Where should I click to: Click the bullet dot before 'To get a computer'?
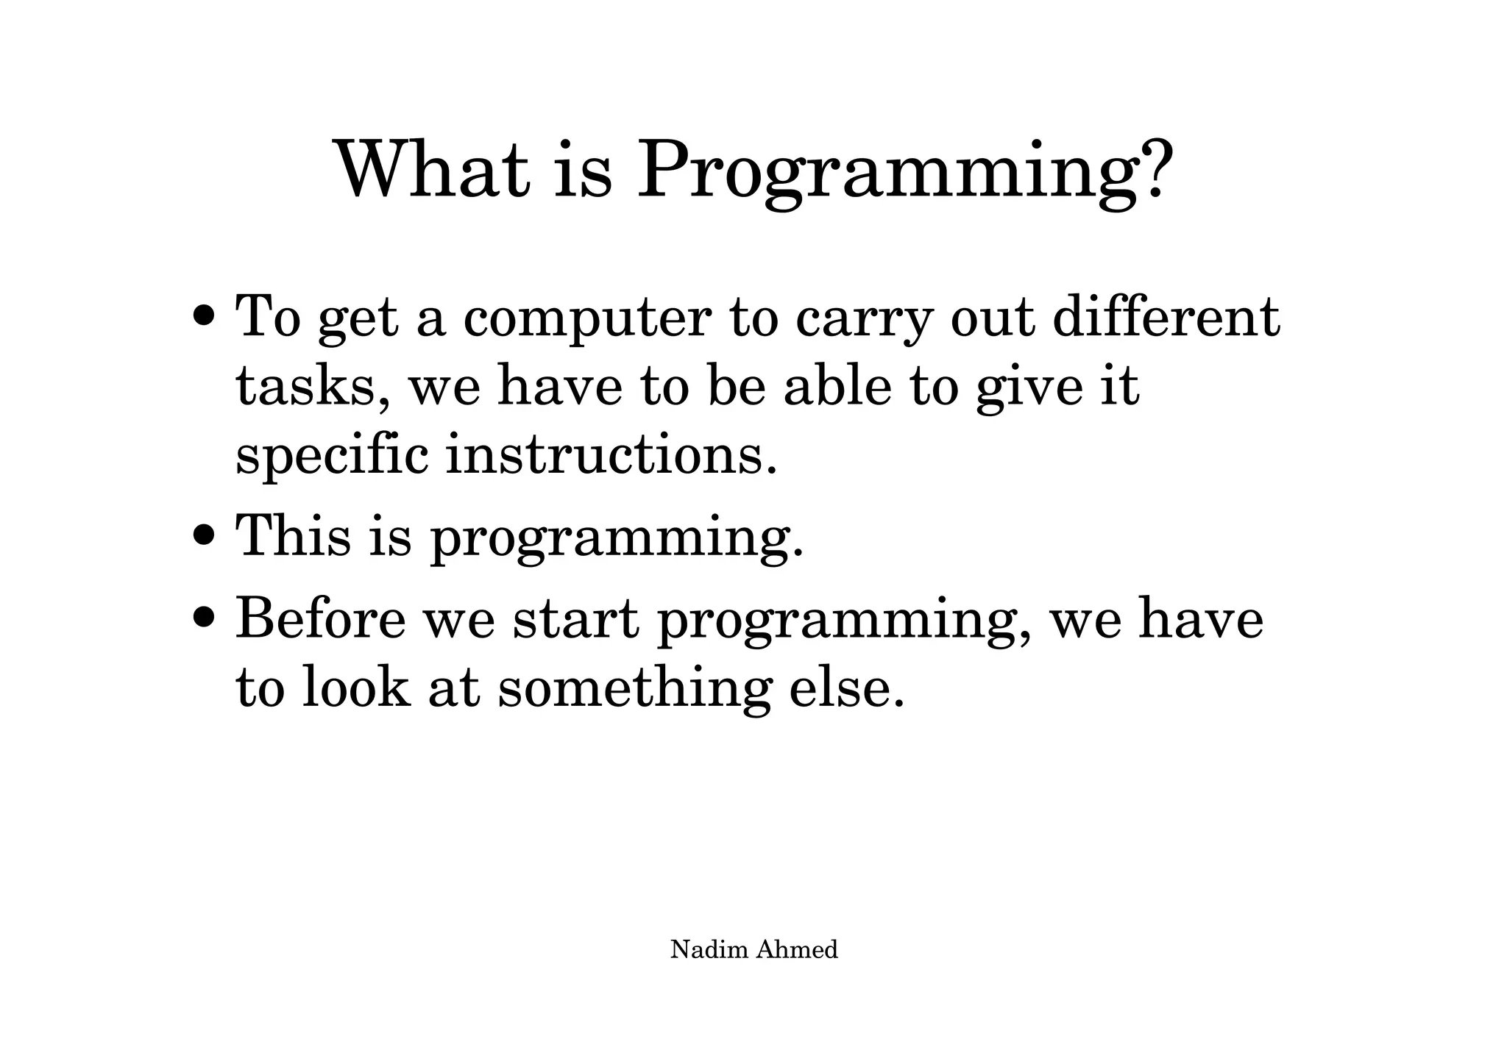tap(205, 318)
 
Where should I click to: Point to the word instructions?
tap(611, 456)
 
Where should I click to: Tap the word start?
tap(575, 619)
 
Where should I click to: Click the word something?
tap(634, 689)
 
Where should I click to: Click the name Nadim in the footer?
tap(709, 949)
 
